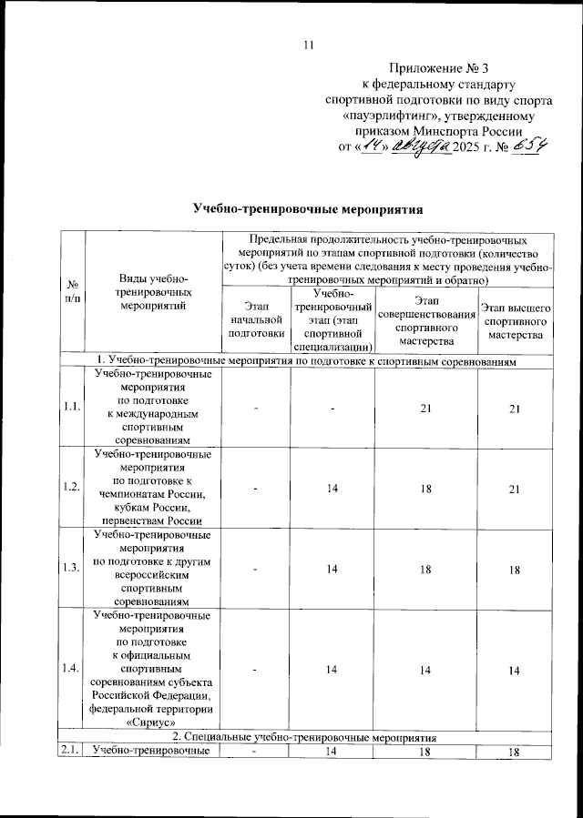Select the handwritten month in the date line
tap(421, 146)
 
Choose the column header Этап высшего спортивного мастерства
tap(515, 320)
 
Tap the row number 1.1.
tap(71, 408)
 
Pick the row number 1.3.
tap(71, 567)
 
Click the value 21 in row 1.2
tap(515, 488)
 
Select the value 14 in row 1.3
tap(332, 567)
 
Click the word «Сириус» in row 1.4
tap(153, 722)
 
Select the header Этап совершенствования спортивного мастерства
tap(425, 320)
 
